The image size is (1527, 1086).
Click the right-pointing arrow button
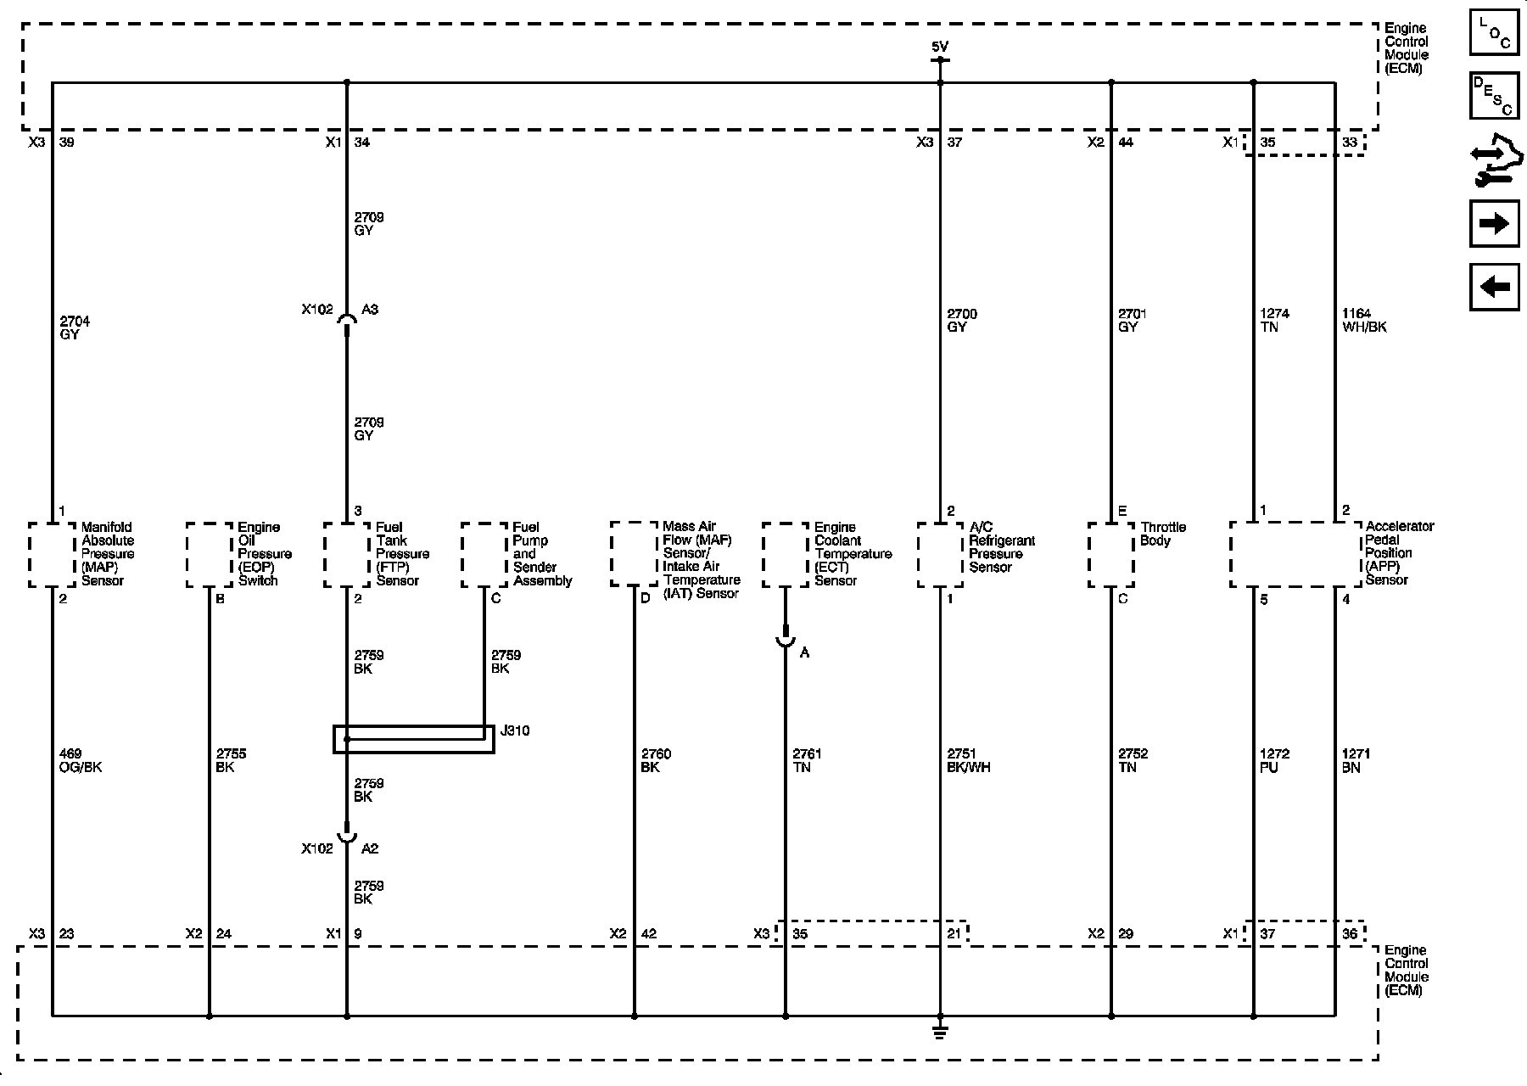1494,224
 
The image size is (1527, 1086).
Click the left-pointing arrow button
1494,287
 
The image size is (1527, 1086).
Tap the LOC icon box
1494,33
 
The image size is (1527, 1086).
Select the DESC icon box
1494,96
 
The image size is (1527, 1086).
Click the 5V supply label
939,48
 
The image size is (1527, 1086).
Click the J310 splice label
516,731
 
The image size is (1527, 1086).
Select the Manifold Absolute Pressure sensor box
53,554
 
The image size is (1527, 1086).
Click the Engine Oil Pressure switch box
210,554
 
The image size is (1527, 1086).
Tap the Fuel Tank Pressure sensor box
347,554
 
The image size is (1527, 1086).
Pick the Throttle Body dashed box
1111,554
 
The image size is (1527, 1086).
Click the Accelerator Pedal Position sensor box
1295,554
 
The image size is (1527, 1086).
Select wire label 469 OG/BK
80,760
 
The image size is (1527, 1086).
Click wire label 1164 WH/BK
1364,321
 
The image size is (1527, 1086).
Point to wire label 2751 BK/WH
969,760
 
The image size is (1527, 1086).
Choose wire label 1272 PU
1274,760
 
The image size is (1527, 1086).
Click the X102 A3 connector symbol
346,319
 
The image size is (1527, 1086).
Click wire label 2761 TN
807,760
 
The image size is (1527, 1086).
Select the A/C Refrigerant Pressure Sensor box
940,554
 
